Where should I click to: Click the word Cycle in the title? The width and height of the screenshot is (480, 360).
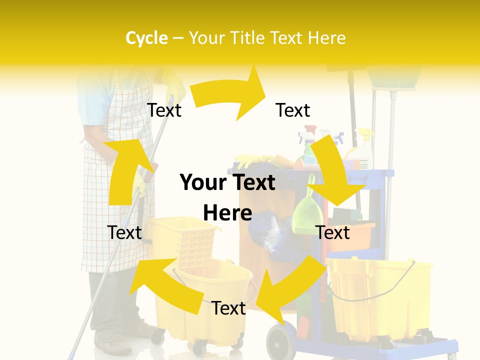[146, 38]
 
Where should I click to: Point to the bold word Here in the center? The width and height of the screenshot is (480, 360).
[227, 213]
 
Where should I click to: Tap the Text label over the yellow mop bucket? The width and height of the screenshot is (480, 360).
[228, 308]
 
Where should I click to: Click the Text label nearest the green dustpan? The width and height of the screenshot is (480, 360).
[333, 232]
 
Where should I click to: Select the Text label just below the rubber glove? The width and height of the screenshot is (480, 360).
[164, 110]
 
